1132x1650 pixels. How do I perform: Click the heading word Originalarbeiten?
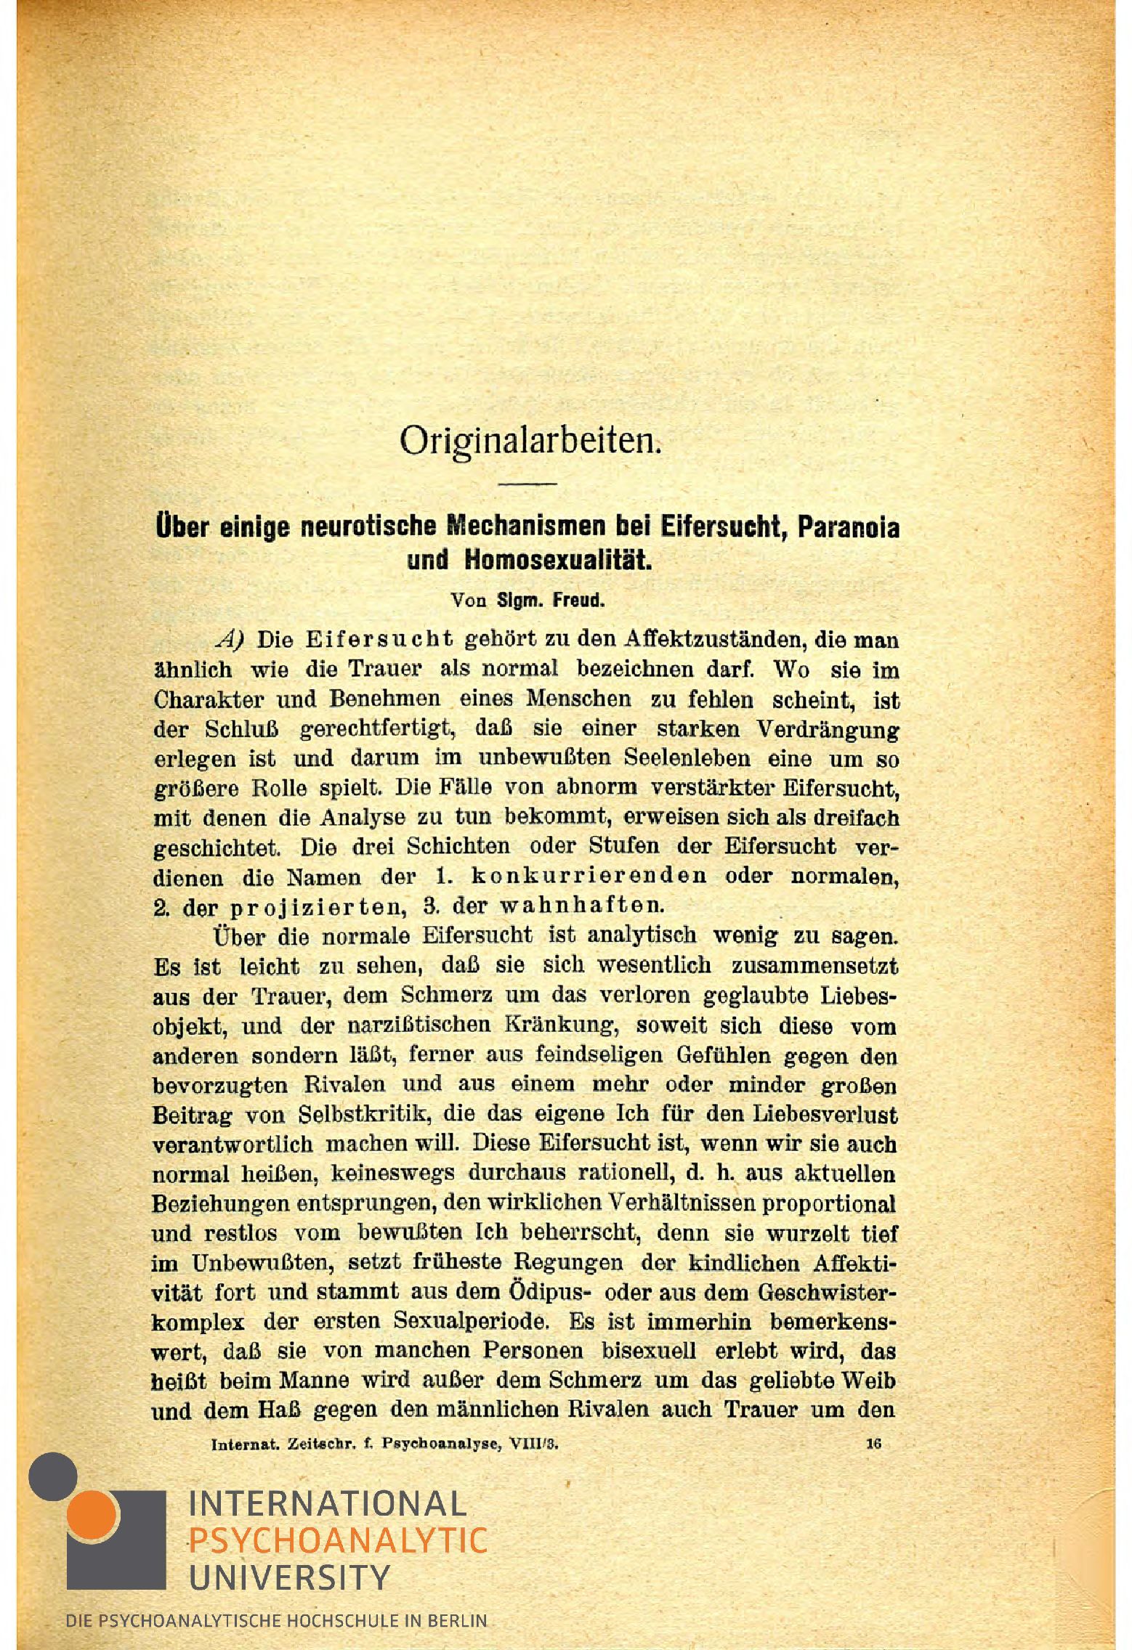pos(530,440)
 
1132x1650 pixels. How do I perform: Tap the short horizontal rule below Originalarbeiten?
pos(527,484)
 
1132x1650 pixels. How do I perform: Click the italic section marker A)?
pos(230,640)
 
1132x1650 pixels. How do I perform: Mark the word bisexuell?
pos(649,1351)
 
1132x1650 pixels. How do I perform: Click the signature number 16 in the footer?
pos(873,1444)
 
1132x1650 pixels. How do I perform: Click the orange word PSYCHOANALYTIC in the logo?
pos(337,1540)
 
